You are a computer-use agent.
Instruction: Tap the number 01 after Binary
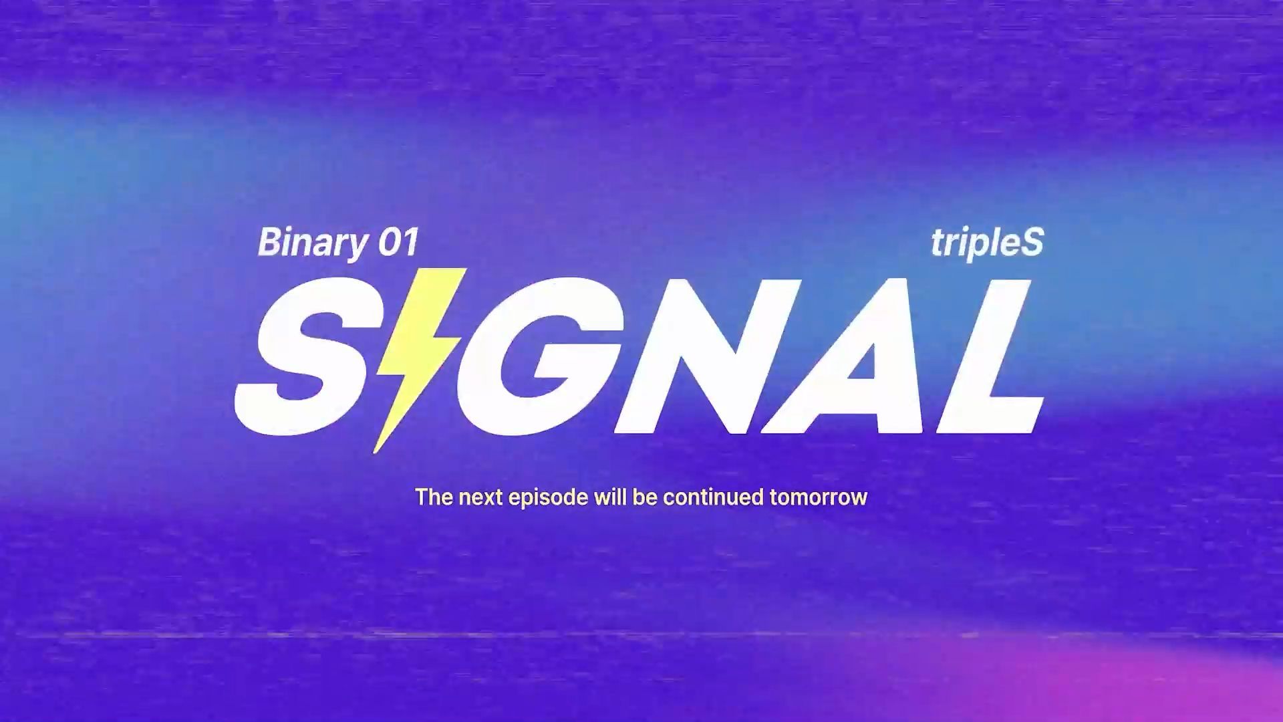pyautogui.click(x=398, y=242)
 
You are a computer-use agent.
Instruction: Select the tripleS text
pyautogui.click(x=987, y=243)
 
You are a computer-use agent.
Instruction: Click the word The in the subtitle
pyautogui.click(x=434, y=497)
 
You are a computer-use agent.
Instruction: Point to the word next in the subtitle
pyautogui.click(x=480, y=498)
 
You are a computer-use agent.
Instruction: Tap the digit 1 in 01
pyautogui.click(x=411, y=242)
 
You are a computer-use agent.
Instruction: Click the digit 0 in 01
pyautogui.click(x=389, y=242)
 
